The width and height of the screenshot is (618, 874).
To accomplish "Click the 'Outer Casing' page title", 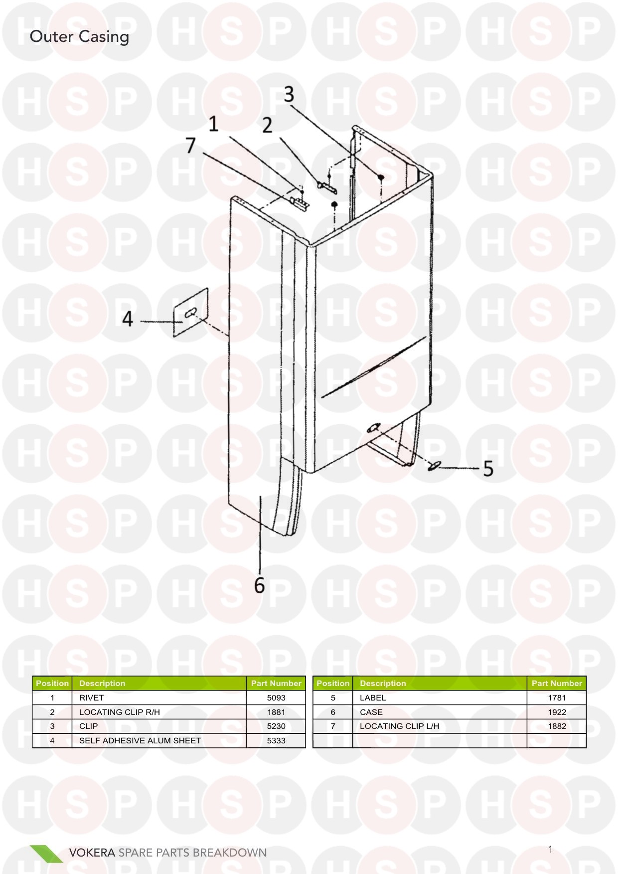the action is click(79, 37).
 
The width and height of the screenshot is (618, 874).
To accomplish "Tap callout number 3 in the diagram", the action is click(289, 94).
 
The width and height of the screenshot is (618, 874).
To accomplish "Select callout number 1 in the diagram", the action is click(213, 124).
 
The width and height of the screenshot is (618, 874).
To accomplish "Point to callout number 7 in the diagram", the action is click(190, 146).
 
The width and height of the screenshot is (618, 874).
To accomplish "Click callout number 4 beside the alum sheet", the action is click(128, 319).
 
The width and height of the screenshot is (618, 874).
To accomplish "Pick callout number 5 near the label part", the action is click(488, 469).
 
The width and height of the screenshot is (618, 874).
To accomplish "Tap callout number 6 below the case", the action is click(259, 585).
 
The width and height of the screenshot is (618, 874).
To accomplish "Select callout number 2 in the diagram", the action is click(268, 125).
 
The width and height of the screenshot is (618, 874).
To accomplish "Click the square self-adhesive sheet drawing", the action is click(190, 313).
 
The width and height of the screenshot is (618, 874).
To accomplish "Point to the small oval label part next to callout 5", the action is click(435, 466).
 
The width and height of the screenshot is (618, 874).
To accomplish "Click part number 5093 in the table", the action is click(276, 698).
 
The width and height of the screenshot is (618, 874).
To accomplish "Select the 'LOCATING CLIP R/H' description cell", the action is click(120, 712).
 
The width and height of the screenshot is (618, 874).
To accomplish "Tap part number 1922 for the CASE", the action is click(557, 712).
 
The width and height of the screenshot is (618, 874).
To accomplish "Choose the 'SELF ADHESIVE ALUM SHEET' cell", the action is click(140, 740).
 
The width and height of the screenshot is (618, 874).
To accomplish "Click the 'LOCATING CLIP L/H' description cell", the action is click(400, 726).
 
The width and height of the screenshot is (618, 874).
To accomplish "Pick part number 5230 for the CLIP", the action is click(276, 726).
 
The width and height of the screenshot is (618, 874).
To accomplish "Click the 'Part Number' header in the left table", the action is click(276, 683).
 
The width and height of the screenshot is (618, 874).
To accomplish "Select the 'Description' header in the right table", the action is click(383, 683).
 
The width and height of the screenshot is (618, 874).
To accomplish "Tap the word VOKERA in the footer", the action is click(92, 853).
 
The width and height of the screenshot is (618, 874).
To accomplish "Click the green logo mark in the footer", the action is click(46, 854).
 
